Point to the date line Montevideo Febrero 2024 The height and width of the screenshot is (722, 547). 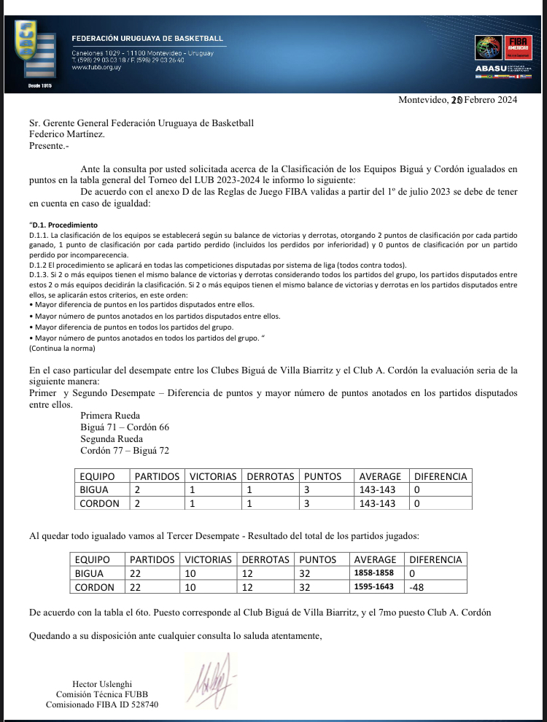click(x=457, y=101)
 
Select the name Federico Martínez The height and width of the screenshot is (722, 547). click(x=66, y=134)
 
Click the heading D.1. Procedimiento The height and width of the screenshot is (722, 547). click(x=63, y=225)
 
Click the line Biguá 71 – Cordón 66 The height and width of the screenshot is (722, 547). click(x=125, y=427)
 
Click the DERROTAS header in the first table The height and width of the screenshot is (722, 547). click(x=267, y=476)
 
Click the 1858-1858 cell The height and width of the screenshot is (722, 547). click(x=374, y=573)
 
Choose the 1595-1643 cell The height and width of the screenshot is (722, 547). click(x=374, y=587)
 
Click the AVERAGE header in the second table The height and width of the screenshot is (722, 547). click(x=375, y=559)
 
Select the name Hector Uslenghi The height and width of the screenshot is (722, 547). click(x=101, y=683)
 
